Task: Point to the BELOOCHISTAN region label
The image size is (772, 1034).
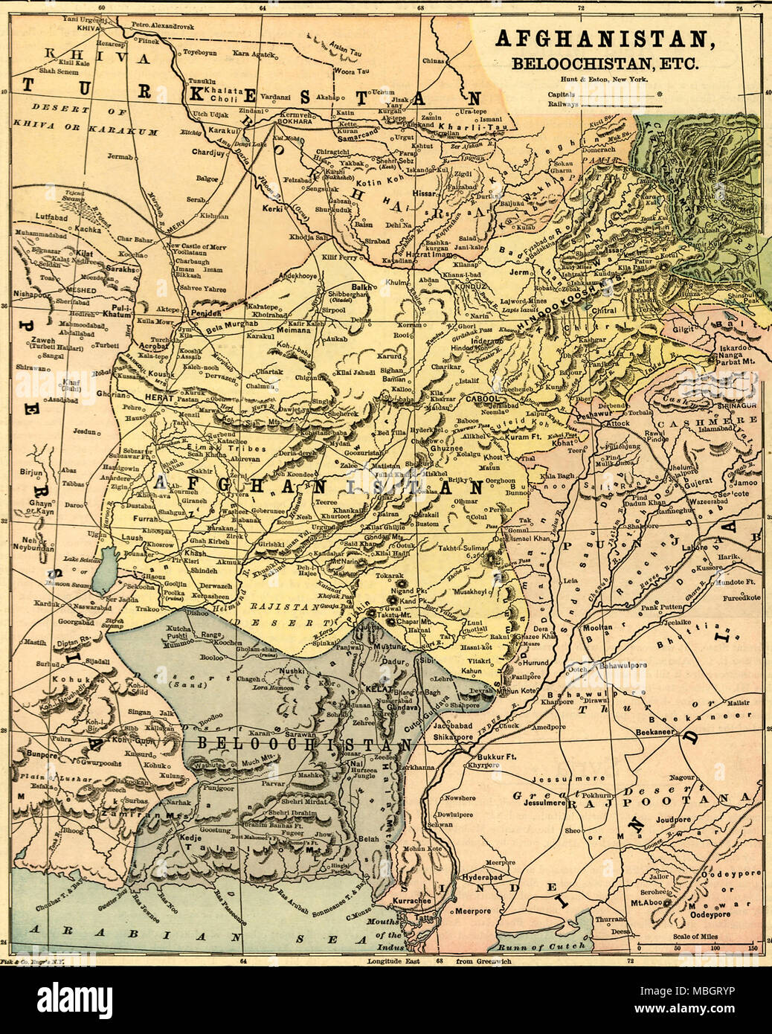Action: click(x=297, y=745)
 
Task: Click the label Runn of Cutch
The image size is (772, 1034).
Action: click(x=532, y=947)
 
